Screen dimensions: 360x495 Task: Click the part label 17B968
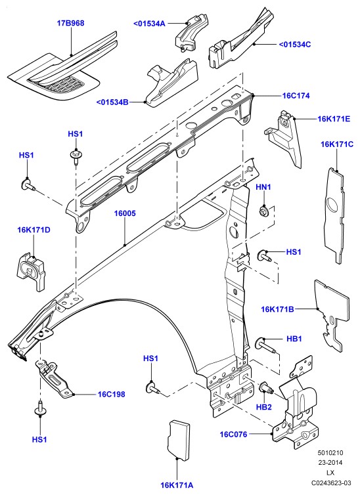[70, 23]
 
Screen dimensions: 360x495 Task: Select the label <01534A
[149, 24]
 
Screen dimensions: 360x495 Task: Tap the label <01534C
[294, 44]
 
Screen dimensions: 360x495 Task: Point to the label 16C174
[296, 96]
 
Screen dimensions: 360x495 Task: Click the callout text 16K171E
[334, 119]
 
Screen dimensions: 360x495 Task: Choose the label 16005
[125, 213]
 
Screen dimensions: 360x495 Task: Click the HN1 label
[263, 187]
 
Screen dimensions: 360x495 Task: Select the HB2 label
[263, 407]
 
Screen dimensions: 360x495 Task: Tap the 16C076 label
[233, 435]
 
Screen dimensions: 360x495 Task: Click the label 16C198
[111, 395]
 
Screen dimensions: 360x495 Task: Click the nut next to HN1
[263, 210]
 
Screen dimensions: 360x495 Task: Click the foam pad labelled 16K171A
[179, 440]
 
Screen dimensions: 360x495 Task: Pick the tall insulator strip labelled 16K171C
[335, 215]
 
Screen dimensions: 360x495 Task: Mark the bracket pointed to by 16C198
[54, 377]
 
